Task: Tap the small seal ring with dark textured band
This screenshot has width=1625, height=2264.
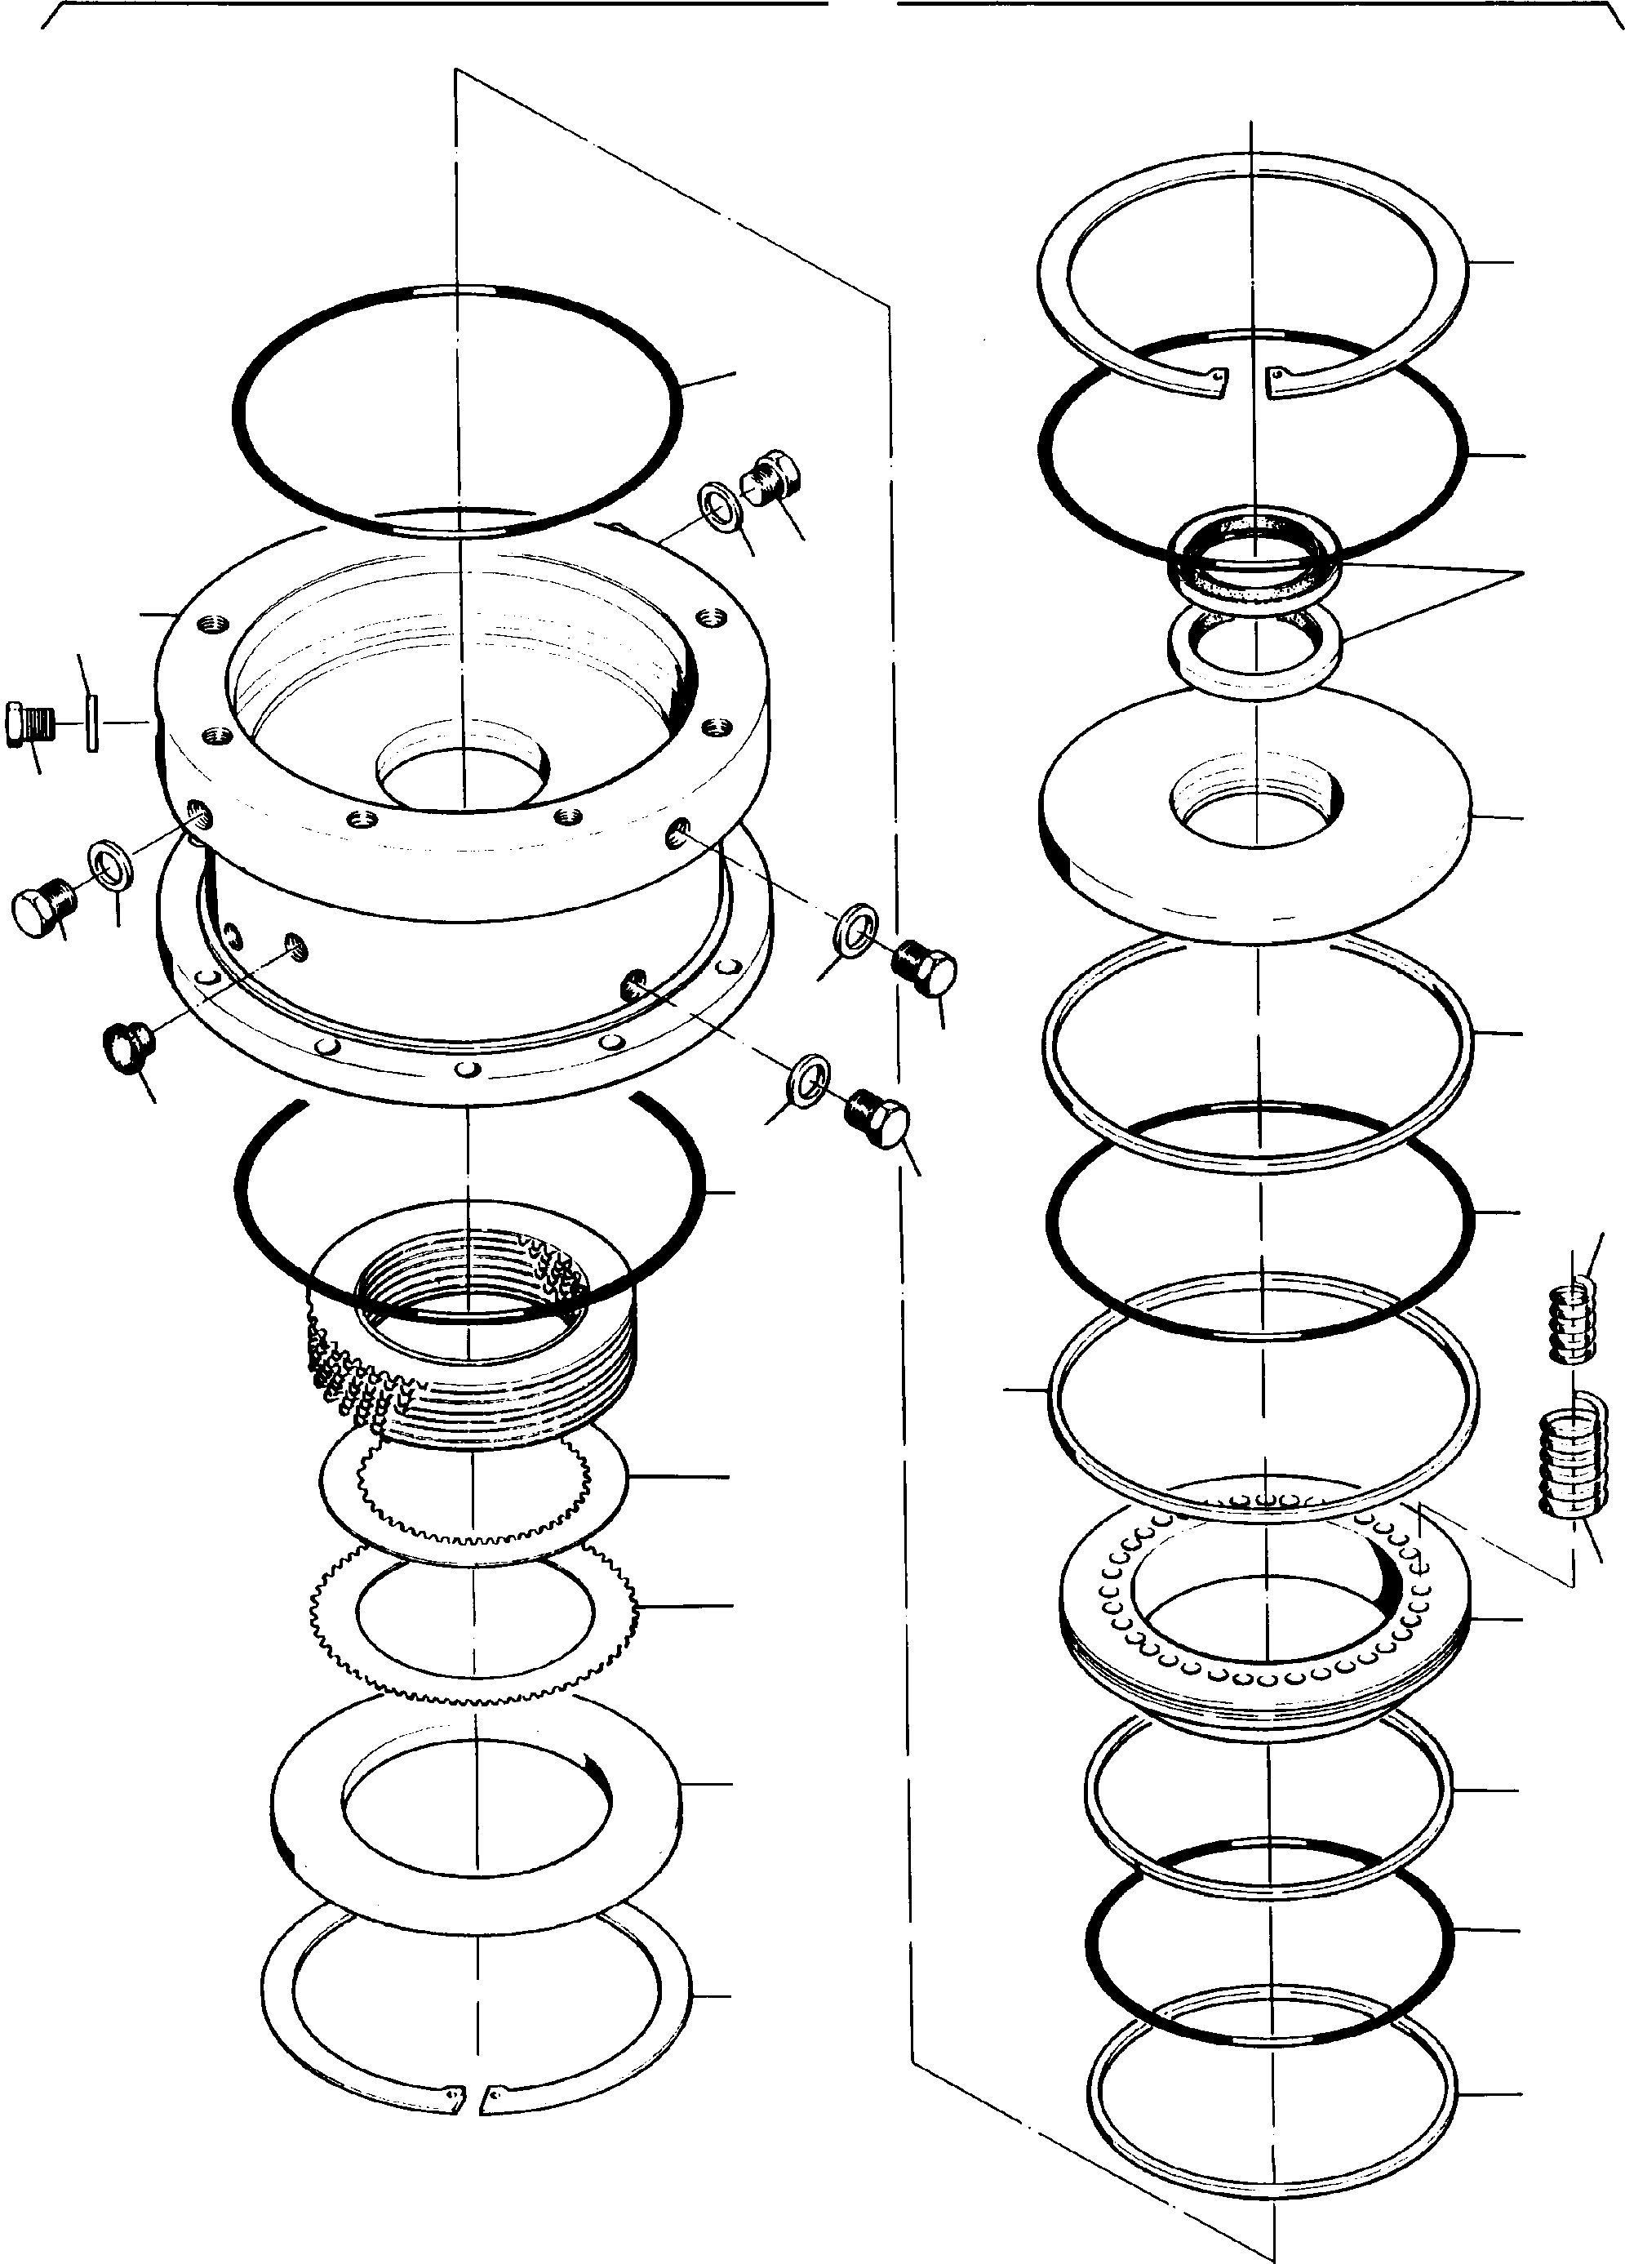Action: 1254,561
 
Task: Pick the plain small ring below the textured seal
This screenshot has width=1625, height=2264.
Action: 1254,649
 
